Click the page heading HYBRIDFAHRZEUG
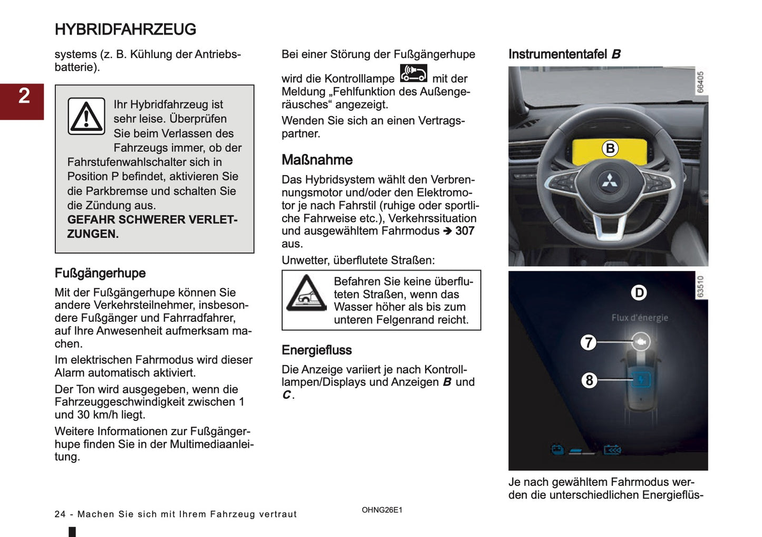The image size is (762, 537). tap(125, 30)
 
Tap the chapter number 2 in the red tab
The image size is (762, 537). tap(24, 96)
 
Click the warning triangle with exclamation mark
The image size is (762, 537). tap(86, 117)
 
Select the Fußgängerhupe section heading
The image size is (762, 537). tap(100, 273)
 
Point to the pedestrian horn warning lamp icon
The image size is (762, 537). tap(413, 73)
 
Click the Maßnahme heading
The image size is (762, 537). tap(317, 160)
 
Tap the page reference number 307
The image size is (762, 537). tap(465, 231)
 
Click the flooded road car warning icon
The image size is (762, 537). tap(306, 294)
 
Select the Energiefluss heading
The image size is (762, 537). tap(316, 350)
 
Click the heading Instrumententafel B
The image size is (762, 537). tap(564, 54)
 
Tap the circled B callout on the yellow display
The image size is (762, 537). tap(610, 149)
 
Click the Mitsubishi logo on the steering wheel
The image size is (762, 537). tap(609, 181)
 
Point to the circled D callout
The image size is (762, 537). tap(639, 293)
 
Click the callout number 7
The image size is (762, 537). tap(589, 342)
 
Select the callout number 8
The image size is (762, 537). tap(589, 380)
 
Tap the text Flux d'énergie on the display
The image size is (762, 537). tap(640, 318)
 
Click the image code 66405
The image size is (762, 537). tap(700, 82)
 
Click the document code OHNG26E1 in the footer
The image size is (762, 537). tap(382, 510)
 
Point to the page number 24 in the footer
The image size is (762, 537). tap(60, 514)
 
